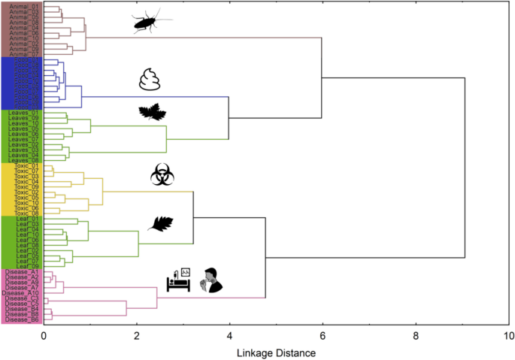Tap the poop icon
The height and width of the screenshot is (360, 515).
click(150, 80)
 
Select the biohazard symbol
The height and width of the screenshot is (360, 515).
click(162, 175)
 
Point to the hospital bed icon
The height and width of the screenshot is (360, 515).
click(179, 281)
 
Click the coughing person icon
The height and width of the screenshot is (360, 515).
click(211, 281)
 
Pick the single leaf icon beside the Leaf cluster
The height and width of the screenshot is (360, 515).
click(161, 224)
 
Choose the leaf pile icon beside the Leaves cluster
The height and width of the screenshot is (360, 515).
click(153, 113)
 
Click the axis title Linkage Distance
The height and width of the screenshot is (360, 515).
click(276, 352)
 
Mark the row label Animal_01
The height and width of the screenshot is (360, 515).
click(23, 7)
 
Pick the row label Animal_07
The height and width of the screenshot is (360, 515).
click(23, 54)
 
